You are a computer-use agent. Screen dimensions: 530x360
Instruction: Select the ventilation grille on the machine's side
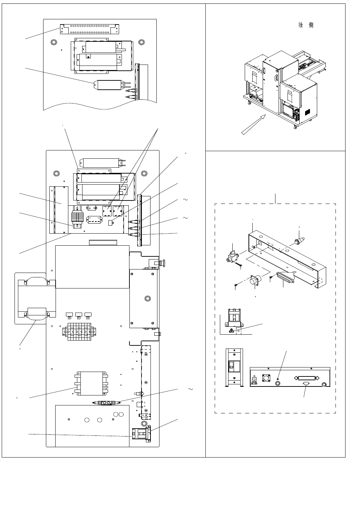[x=307, y=112]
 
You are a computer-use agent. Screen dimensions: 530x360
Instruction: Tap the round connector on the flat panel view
[x=266, y=378]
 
